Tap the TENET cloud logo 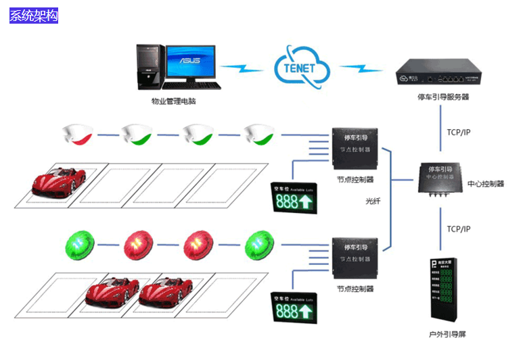301,66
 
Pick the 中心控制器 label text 485,183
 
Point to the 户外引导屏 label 447,334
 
